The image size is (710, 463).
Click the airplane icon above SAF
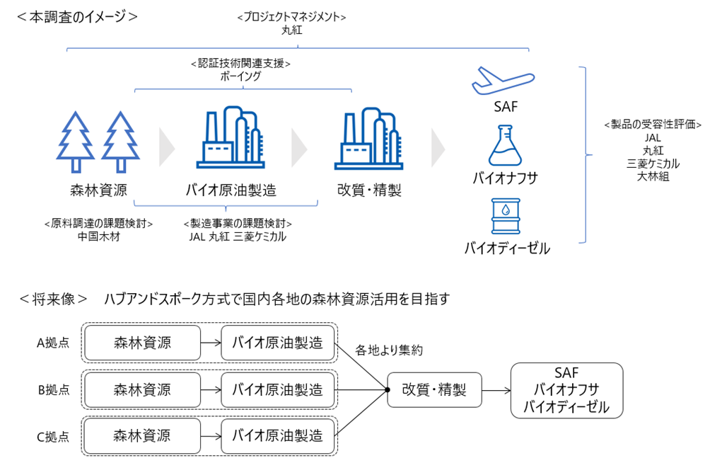503,81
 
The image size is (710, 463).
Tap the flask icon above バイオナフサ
506,146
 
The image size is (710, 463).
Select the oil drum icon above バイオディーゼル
506,216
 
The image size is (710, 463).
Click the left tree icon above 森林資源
76,142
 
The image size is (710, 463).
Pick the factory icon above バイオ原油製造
231,137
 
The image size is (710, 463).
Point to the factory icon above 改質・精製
368,139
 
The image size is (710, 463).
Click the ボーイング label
240,76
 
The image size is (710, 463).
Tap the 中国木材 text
99,236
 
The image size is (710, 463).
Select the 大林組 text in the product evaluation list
653,176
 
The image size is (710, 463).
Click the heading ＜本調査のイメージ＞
77,17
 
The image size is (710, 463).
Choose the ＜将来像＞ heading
53,299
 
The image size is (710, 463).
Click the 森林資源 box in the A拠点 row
143,343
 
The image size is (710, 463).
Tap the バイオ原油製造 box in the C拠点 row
278,436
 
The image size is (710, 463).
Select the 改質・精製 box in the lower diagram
434,390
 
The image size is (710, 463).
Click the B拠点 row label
54,389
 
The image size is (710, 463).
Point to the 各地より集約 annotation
388,350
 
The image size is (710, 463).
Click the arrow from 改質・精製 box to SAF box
496,390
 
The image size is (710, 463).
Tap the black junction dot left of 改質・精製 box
388,390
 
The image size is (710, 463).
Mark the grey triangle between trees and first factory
167,148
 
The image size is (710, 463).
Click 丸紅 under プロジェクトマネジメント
291,30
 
